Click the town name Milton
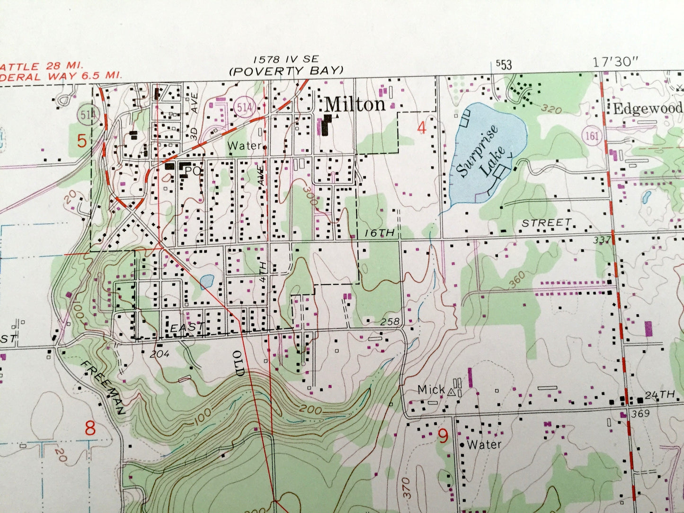(355, 104)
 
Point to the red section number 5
(82, 141)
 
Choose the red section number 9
(443, 435)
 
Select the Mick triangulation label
(431, 389)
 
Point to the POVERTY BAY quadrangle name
(285, 71)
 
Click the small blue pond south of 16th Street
(206, 282)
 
